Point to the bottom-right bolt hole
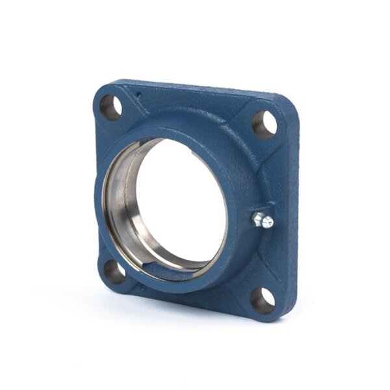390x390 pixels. (x=263, y=300)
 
